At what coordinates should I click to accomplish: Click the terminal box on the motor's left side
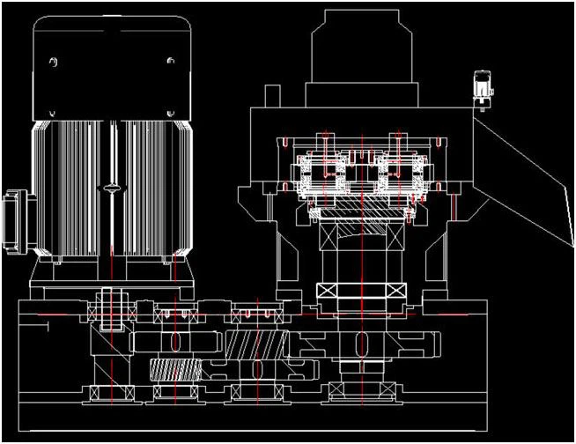[15, 217]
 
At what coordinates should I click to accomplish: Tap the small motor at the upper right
[483, 85]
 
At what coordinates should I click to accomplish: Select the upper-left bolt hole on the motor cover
[55, 62]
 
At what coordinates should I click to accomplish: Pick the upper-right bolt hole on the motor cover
[170, 62]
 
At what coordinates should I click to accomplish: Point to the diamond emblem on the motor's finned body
[110, 186]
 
